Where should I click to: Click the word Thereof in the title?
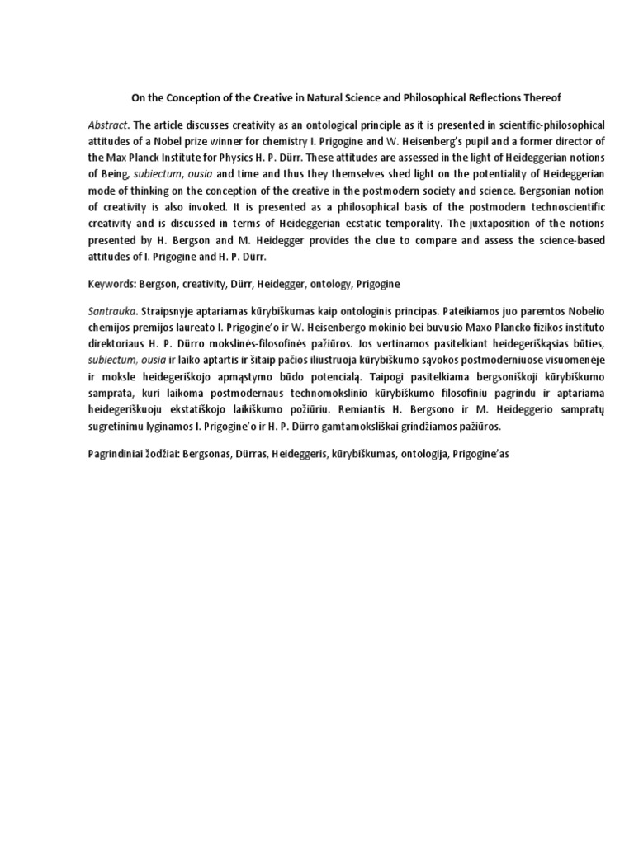click(x=541, y=97)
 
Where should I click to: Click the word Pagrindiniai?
click(x=119, y=455)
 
